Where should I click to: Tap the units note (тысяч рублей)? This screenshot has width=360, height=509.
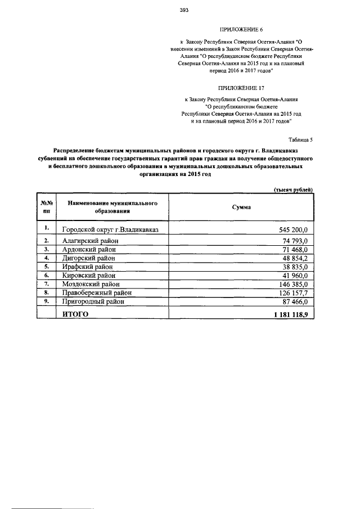[x=293, y=190]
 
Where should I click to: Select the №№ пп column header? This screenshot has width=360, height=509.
[x=47, y=206]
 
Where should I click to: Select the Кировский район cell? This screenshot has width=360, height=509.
[x=88, y=276]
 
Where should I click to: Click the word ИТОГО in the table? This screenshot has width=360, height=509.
[x=75, y=314]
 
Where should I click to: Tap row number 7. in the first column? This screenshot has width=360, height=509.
[x=47, y=284]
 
